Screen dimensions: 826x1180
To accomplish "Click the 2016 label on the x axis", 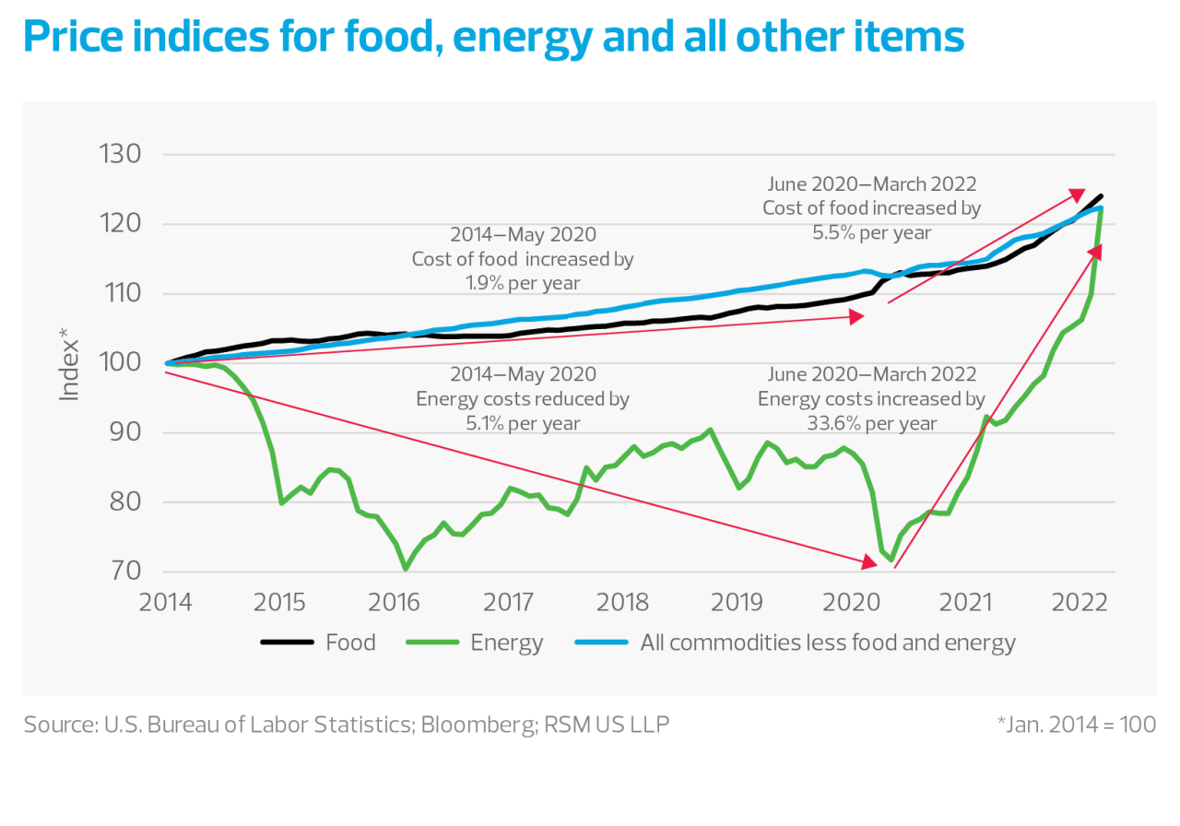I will point(395,602).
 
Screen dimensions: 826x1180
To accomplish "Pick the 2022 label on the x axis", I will point(1080,602).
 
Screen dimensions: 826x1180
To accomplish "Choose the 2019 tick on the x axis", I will point(737,602).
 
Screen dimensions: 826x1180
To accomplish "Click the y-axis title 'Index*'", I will point(70,371).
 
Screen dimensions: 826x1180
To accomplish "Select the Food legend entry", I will point(318,643).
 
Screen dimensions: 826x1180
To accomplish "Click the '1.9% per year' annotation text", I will point(522,283).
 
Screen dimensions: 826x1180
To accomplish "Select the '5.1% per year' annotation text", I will point(522,423).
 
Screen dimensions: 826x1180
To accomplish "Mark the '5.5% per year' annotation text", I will point(870,232).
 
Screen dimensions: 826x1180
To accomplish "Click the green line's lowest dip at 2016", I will point(405,569).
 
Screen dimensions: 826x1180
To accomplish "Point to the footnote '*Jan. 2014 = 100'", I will point(1076,725).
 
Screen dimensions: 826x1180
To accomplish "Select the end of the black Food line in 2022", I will point(1102,196).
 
